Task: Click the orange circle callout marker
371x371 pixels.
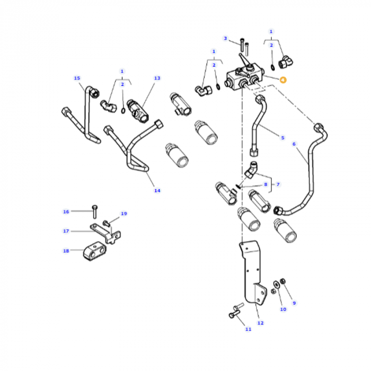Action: [283, 81]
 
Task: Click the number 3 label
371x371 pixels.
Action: [225, 38]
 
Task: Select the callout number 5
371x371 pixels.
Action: [282, 138]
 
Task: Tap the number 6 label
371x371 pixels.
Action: [294, 144]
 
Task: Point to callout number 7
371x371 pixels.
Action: [278, 184]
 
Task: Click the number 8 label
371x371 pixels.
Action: [266, 184]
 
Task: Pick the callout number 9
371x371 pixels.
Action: [294, 303]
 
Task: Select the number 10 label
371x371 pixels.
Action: [283, 309]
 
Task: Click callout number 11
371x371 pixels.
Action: [248, 329]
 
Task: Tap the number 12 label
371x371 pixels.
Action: [260, 322]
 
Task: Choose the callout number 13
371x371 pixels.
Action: [157, 78]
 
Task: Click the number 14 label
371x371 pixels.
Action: [157, 190]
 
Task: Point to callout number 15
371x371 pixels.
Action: [77, 78]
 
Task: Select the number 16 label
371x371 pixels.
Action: [66, 212]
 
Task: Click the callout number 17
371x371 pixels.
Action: [66, 231]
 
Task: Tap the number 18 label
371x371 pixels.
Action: [66, 251]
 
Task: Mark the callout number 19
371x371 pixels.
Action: [123, 214]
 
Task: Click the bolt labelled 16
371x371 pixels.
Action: [94, 209]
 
